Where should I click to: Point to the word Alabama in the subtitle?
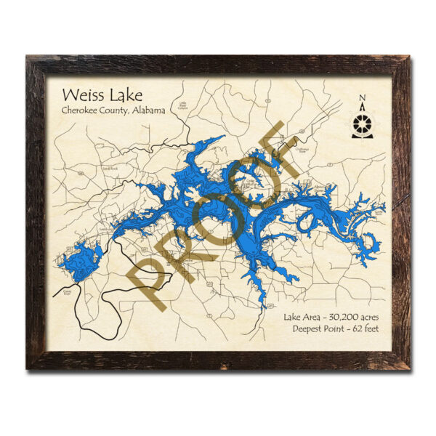pyautogui.click(x=148, y=111)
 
